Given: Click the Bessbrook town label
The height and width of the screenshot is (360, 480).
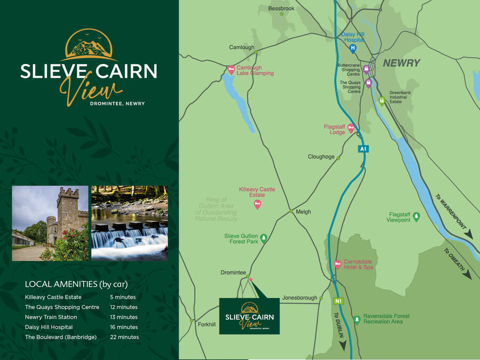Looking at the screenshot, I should click(x=281, y=9).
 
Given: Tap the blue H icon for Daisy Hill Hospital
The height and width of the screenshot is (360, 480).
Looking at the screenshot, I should click(x=353, y=48).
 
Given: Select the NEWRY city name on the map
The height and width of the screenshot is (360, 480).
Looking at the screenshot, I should click(x=401, y=63).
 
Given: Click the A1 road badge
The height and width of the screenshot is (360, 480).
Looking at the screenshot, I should click(x=363, y=149).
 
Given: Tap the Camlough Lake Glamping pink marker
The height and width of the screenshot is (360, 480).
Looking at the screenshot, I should click(x=231, y=69).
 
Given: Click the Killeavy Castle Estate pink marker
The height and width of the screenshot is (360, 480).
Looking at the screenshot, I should click(x=258, y=203).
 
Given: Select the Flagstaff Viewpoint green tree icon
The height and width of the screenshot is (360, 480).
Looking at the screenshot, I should click(x=417, y=216).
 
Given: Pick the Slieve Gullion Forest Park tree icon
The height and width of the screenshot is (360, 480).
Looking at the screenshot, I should click(x=263, y=238).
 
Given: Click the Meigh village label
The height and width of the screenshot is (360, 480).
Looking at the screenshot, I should click(x=303, y=212).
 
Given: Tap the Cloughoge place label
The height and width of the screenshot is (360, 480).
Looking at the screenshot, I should click(x=321, y=157).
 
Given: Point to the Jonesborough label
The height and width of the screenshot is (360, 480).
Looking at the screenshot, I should click(x=300, y=298).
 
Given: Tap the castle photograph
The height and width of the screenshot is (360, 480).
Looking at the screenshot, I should click(x=50, y=223).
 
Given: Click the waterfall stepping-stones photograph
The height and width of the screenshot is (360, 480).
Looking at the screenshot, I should click(x=130, y=223).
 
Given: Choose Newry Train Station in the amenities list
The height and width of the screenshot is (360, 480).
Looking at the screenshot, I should click(x=51, y=317).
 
